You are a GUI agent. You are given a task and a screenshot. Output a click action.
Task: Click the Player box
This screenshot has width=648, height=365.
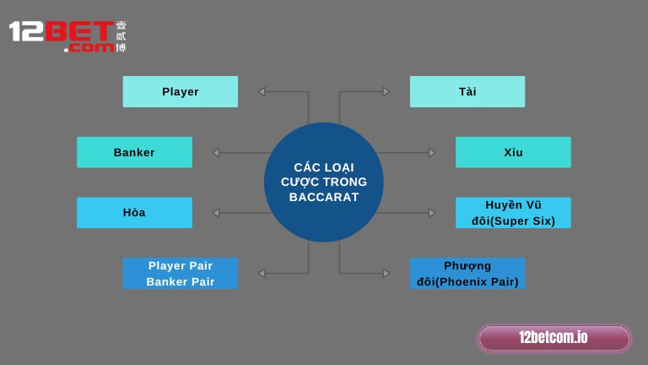click(180, 91)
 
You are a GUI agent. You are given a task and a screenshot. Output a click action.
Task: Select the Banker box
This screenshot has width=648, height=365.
click(134, 152)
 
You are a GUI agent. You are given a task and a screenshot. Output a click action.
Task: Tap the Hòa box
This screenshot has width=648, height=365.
click(134, 212)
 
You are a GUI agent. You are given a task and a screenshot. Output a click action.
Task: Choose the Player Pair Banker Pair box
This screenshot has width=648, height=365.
click(180, 273)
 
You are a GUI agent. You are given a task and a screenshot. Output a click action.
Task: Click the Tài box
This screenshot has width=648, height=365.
click(467, 91)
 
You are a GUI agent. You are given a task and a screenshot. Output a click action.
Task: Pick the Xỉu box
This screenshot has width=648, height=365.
click(513, 152)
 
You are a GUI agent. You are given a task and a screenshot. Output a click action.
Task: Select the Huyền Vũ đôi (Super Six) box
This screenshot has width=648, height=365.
click(513, 212)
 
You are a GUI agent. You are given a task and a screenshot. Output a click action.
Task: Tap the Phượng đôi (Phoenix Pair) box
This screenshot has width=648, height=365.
click(467, 273)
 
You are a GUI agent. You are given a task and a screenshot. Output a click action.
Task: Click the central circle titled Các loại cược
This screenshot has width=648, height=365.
click(324, 182)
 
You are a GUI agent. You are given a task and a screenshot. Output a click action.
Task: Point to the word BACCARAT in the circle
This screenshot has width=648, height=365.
click(324, 198)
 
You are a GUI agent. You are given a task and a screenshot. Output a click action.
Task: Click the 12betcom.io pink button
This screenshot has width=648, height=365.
click(553, 338)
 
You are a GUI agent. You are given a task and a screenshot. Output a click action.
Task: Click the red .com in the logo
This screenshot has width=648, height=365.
click(89, 48)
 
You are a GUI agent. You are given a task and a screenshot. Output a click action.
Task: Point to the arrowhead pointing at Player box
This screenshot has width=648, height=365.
click(262, 91)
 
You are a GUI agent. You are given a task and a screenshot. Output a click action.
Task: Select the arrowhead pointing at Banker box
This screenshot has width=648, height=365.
click(216, 152)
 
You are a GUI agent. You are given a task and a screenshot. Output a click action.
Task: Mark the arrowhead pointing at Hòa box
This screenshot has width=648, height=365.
click(216, 213)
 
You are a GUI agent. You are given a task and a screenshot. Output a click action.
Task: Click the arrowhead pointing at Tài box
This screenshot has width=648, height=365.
click(386, 91)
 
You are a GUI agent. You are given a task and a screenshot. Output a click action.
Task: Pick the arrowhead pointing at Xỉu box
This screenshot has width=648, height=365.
click(432, 152)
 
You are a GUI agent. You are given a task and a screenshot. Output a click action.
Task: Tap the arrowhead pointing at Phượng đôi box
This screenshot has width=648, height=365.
click(386, 273)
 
